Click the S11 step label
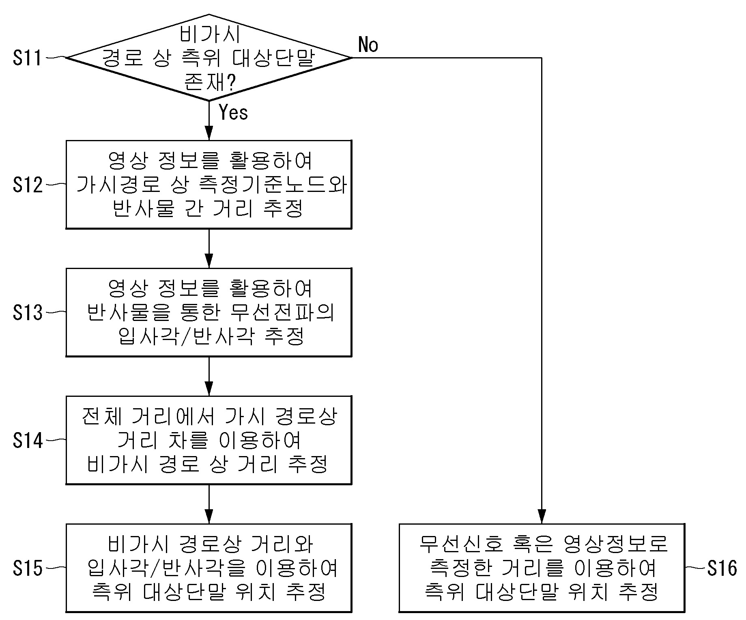tap(27, 58)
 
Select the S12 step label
tap(27, 185)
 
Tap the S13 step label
tap(27, 313)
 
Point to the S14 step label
tap(27, 440)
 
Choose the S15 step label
tap(27, 568)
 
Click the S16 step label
tap(722, 568)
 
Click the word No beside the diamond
tap(368, 44)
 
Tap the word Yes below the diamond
tap(233, 112)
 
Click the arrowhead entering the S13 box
tap(209, 261)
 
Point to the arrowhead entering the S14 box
tap(209, 389)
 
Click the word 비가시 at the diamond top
tap(210, 34)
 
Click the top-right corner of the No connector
tap(542, 58)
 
